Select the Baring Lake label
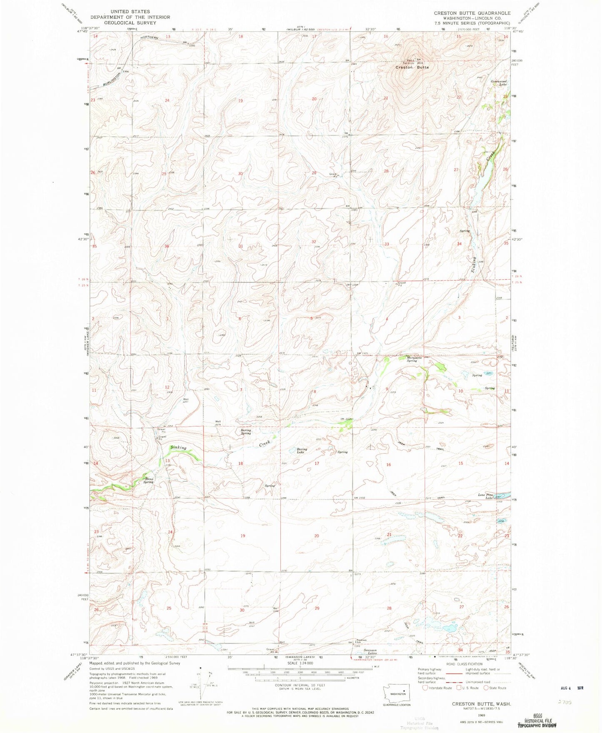(x=302, y=451)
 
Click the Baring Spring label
(x=246, y=432)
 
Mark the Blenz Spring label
(x=149, y=481)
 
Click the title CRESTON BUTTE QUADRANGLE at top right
(x=472, y=13)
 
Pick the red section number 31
(x=240, y=247)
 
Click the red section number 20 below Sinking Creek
(x=317, y=536)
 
